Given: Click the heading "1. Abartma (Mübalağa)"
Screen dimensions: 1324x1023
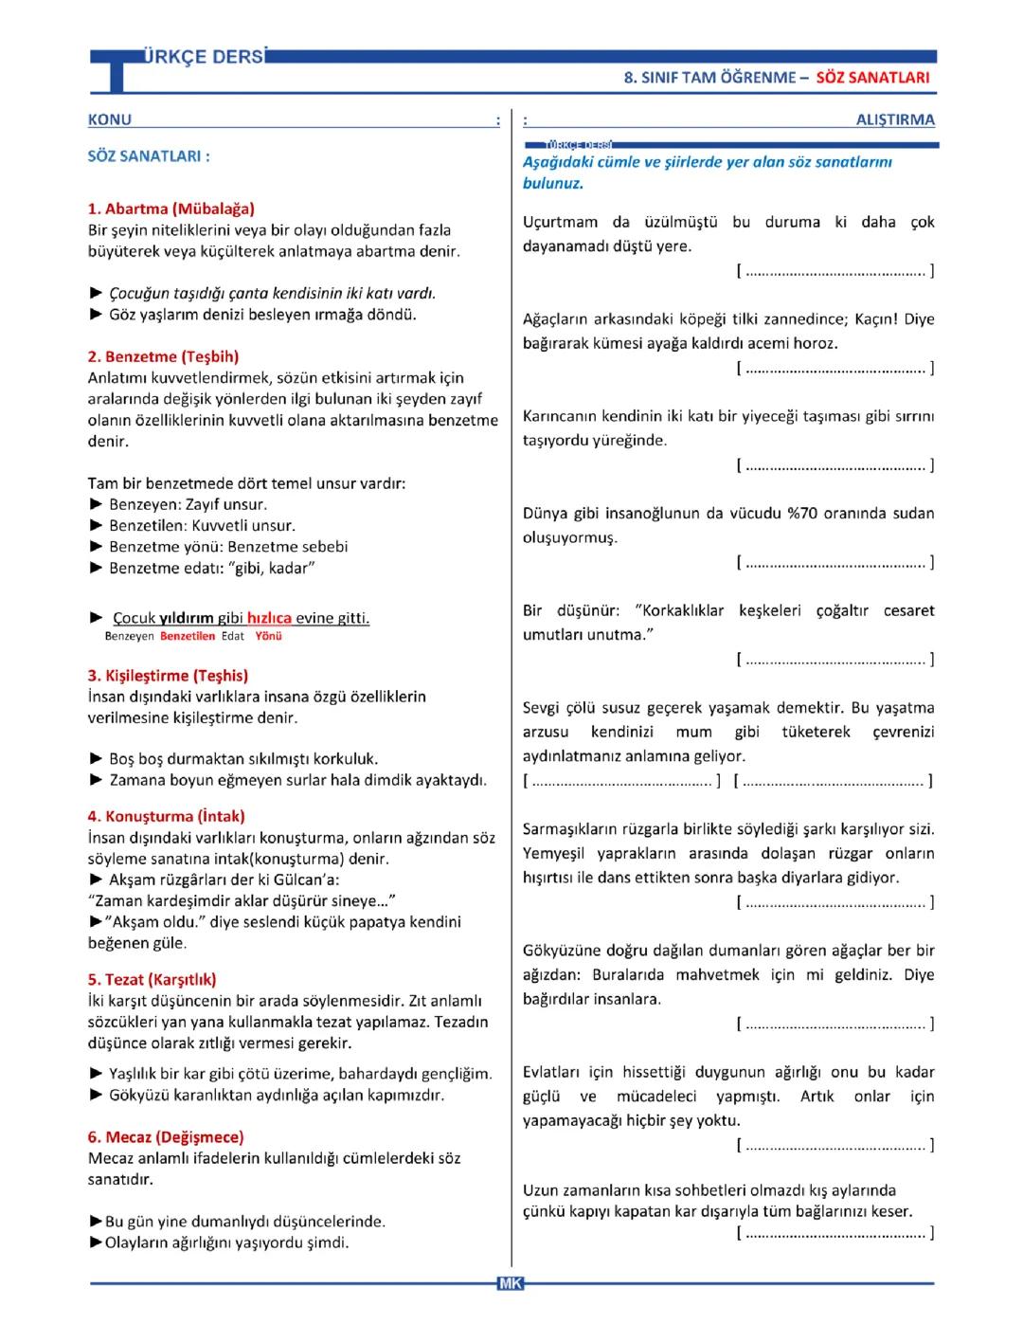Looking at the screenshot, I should (x=170, y=209).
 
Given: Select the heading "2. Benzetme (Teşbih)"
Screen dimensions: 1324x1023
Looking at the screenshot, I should (x=163, y=357).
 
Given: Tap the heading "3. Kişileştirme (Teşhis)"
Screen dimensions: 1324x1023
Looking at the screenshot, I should (x=168, y=676).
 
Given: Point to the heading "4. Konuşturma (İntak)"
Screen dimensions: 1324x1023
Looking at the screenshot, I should (x=166, y=816).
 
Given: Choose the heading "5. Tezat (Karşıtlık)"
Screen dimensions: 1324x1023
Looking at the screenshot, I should (x=152, y=980).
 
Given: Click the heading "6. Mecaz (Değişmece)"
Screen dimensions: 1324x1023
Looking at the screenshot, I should (x=166, y=1137).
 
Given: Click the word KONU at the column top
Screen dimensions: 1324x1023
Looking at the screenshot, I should (x=110, y=120).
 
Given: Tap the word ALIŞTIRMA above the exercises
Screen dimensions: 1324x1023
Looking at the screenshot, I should (x=894, y=120).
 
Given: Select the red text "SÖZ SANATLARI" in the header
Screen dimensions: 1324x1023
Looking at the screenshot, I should (x=872, y=78).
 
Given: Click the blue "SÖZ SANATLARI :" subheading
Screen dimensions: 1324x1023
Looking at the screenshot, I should (x=149, y=156).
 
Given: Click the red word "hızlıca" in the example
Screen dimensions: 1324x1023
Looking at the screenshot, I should (x=269, y=619).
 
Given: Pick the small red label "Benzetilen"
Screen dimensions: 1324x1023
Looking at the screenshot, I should (x=188, y=637).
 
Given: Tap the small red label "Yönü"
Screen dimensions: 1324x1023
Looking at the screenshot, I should (x=268, y=637).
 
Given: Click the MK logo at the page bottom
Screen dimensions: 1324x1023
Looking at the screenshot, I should (x=511, y=1283).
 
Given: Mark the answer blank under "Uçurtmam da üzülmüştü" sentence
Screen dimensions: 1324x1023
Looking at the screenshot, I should (x=835, y=272).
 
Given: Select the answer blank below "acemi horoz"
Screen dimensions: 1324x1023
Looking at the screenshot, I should (x=835, y=369).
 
